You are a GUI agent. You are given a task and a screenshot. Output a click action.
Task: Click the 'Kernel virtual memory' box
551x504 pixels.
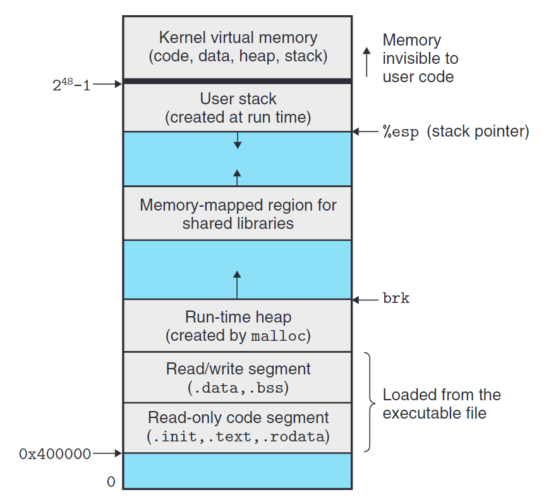237,47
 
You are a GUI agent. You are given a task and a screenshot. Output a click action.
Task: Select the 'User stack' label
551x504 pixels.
238,99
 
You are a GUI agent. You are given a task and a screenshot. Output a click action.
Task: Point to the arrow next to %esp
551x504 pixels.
365,132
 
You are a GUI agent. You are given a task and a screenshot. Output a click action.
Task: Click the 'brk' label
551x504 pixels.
396,299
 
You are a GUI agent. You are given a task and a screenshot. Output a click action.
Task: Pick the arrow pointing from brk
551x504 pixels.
365,299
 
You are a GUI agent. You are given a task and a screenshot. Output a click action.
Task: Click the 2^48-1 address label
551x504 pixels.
71,85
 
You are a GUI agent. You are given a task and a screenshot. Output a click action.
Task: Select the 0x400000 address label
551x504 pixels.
55,453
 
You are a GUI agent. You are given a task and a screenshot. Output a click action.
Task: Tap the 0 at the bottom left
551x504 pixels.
111,482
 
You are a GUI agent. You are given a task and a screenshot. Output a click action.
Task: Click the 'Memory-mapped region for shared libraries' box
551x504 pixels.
237,214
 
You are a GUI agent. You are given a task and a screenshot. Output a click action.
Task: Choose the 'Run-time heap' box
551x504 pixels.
237,326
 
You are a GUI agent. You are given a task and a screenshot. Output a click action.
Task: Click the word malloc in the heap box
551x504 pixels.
279,336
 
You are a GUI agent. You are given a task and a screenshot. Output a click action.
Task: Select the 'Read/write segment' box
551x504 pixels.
237,378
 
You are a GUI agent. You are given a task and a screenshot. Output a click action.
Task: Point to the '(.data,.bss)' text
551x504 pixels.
238,387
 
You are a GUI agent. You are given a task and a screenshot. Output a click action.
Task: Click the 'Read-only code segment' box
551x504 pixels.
237,427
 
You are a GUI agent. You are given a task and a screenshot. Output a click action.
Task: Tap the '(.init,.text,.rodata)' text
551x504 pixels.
238,436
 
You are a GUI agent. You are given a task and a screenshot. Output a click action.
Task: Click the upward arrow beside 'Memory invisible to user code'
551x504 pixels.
366,61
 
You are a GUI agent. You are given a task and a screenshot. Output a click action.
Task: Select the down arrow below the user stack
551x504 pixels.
238,140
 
